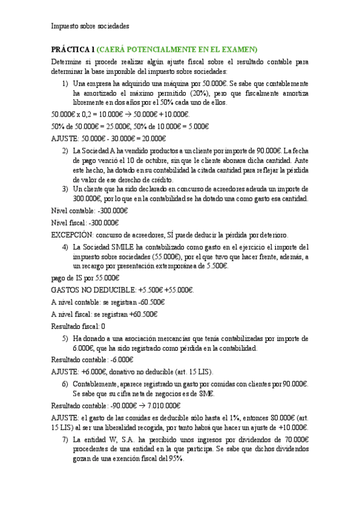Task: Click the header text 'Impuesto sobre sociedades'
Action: point(90,26)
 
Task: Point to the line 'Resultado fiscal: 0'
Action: point(78,326)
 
